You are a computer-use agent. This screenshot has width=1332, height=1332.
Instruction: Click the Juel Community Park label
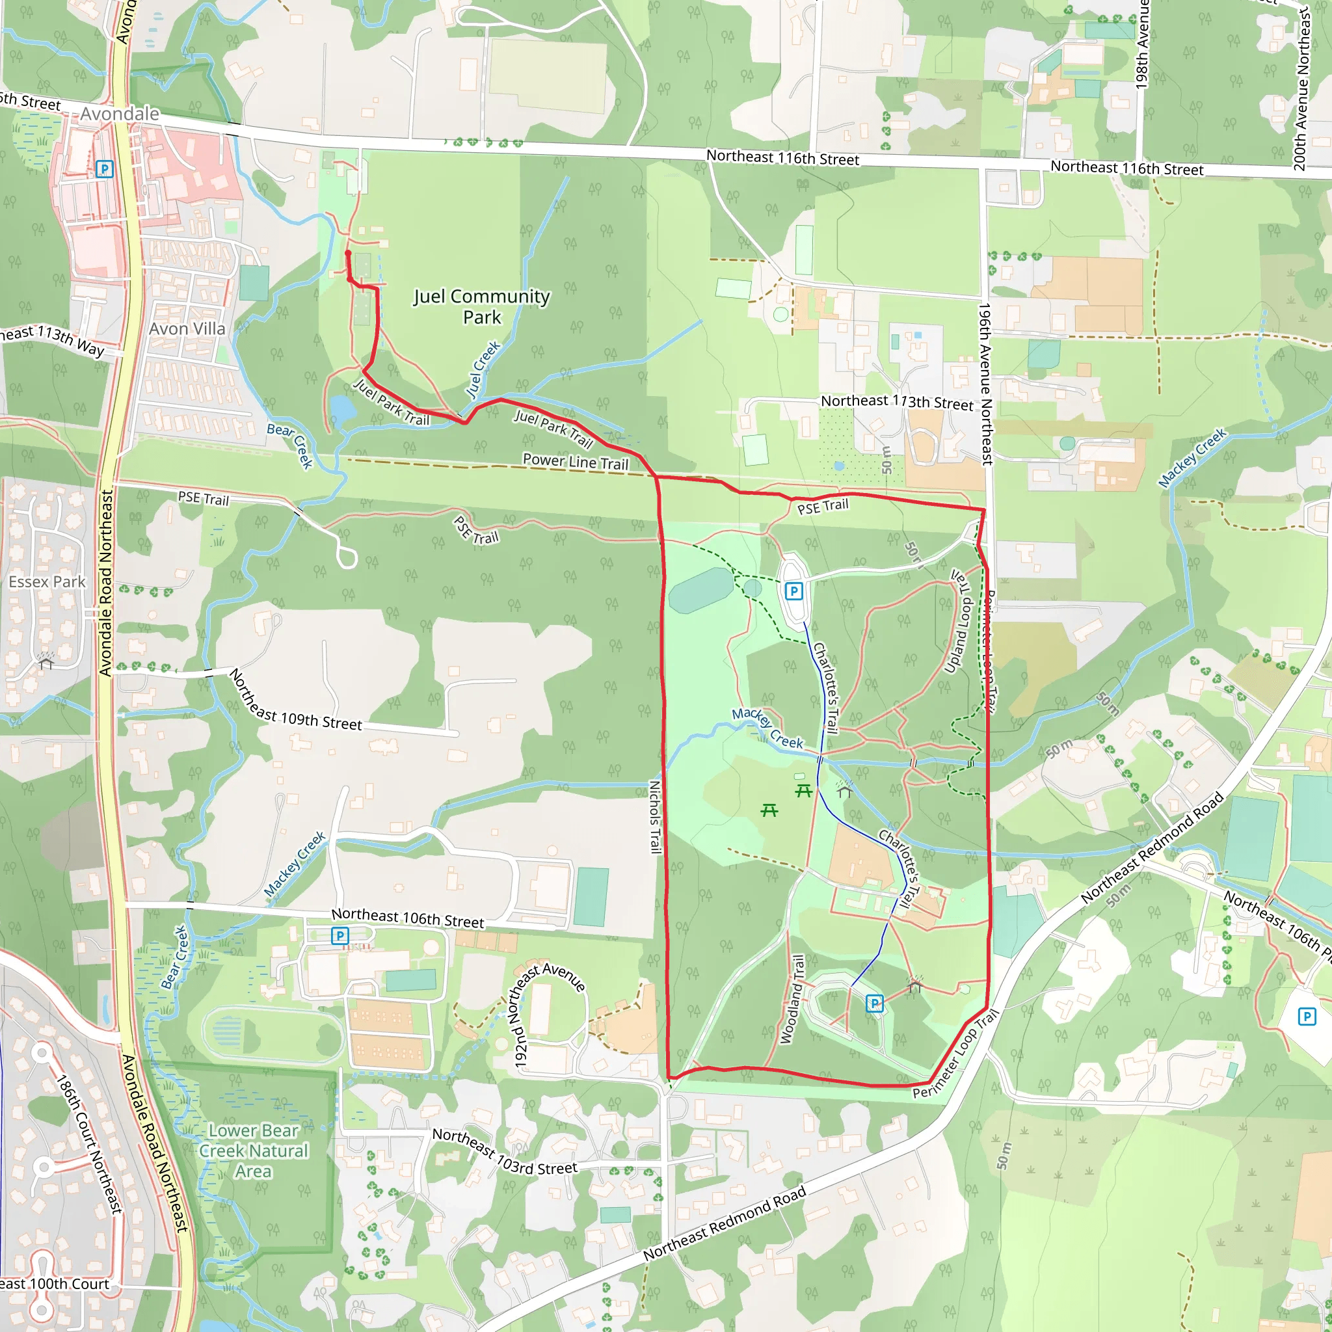(481, 307)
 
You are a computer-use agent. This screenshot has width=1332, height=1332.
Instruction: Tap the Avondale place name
(119, 114)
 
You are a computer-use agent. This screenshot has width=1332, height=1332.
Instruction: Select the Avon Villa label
(187, 329)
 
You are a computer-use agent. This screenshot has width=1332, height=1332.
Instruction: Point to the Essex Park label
(47, 582)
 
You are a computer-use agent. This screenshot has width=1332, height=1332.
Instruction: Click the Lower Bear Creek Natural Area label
(253, 1151)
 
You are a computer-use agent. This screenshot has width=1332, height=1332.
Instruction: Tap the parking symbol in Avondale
(104, 169)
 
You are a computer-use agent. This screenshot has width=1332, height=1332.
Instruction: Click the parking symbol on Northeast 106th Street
(340, 935)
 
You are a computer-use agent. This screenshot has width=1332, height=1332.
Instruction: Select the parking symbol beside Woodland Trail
(874, 1003)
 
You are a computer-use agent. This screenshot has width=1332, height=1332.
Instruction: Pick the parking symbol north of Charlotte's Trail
(794, 591)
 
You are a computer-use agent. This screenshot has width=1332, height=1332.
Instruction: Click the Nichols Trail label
(655, 816)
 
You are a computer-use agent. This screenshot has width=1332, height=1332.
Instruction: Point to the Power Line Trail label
(576, 462)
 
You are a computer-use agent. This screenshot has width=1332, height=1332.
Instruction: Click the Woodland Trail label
(792, 1000)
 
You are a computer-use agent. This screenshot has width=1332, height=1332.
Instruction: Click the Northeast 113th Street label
(896, 403)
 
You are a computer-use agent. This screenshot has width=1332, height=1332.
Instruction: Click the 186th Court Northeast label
(90, 1144)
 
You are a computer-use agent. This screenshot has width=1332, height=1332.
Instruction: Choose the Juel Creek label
(483, 369)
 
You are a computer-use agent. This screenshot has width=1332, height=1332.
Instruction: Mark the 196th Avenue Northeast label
(986, 383)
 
